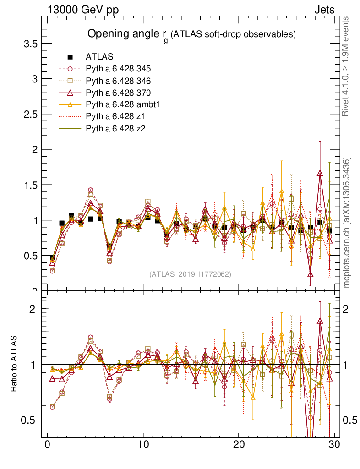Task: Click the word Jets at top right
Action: click(324, 10)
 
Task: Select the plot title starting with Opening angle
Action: click(191, 34)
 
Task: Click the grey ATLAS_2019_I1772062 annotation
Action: click(190, 274)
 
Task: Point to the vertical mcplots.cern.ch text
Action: click(347, 223)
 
